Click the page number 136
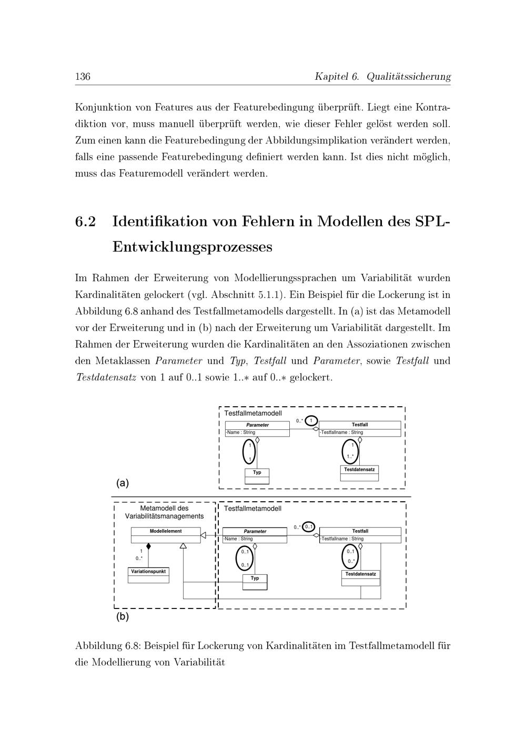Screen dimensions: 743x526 83,77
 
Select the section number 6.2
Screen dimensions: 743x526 86,222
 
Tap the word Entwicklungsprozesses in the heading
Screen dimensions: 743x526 192,246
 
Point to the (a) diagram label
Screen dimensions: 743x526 123,483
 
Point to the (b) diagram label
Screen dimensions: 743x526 123,616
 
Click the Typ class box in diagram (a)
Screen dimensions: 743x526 257,476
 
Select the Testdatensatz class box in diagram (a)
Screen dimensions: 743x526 359,473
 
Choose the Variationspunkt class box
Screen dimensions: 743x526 149,575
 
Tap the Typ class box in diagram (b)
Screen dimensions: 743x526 255,581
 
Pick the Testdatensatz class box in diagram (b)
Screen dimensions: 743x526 360,577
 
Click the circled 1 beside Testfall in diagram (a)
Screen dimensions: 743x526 311,421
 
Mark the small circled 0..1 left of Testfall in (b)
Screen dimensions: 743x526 309,527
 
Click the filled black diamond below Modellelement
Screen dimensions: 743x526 149,546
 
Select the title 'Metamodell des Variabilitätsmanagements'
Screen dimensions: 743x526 164,512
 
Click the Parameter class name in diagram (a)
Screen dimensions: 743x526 257,425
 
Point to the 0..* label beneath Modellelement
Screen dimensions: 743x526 139,558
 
